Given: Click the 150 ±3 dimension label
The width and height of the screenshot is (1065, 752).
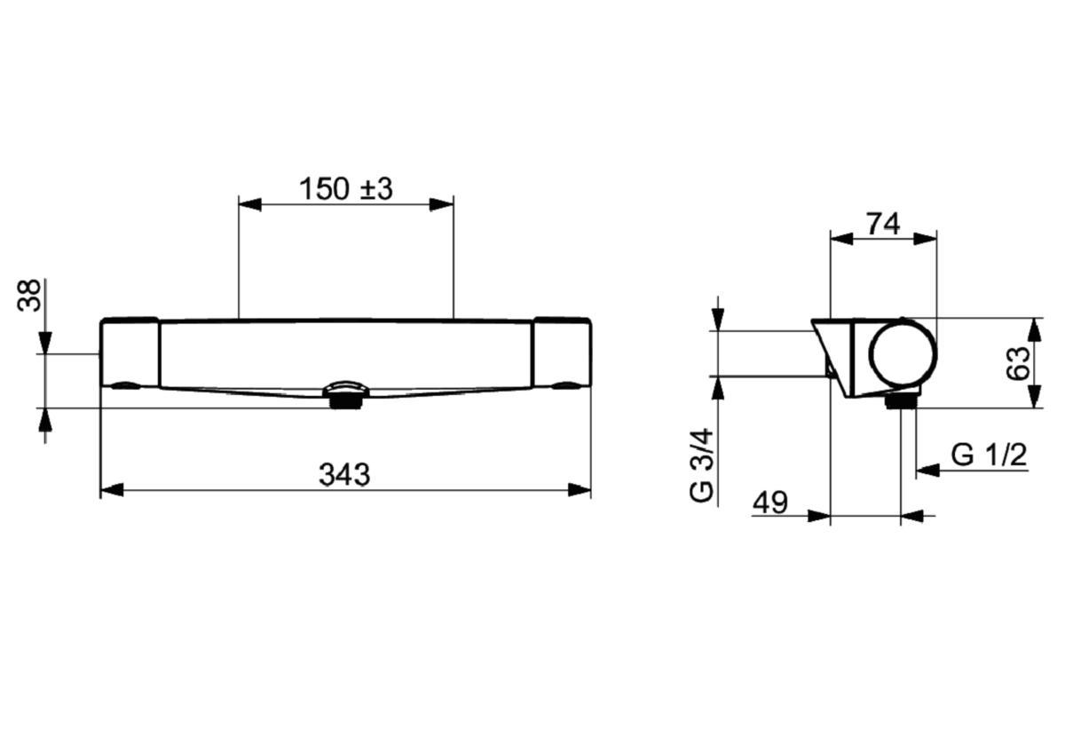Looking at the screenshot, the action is tap(345, 189).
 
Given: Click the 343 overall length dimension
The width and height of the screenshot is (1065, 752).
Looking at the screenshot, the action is tap(344, 475).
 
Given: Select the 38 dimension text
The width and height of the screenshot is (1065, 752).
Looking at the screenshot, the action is tap(29, 296).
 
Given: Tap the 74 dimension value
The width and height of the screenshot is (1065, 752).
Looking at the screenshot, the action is tap(883, 224).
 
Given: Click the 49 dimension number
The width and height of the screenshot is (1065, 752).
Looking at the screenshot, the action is tap(770, 503).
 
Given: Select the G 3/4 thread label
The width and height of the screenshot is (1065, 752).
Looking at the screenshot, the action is tap(702, 465).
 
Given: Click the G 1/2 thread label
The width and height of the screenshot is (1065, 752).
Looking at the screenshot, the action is tap(989, 455).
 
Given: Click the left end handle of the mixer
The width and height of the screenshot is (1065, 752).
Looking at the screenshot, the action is tap(130, 352).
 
